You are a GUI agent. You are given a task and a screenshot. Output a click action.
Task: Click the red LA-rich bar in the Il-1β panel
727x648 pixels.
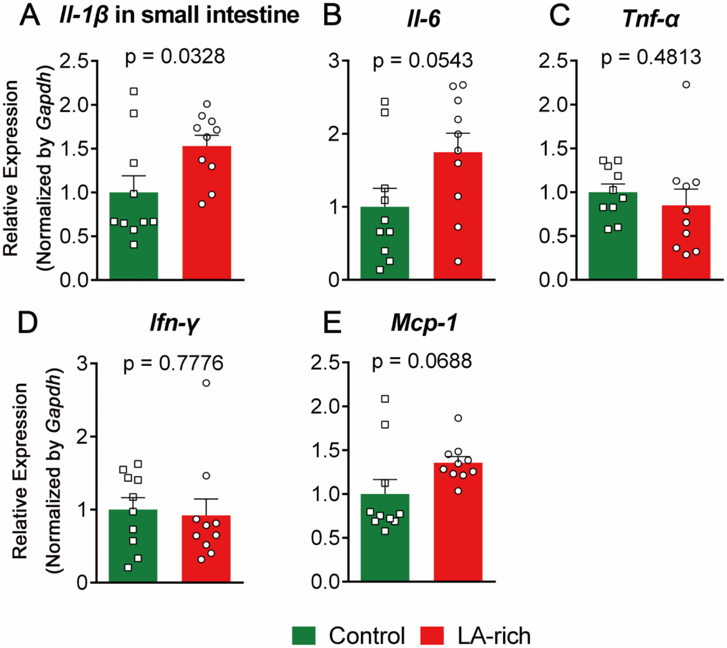click(x=207, y=227)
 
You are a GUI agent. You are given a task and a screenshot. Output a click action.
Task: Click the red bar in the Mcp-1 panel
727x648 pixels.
click(x=458, y=530)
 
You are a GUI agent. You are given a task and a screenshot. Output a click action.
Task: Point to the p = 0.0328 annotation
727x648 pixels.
click(x=175, y=57)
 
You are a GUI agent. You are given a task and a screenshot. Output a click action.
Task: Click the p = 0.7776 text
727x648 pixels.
click(x=173, y=363)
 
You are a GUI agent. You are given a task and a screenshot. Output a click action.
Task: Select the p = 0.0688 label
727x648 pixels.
click(x=422, y=361)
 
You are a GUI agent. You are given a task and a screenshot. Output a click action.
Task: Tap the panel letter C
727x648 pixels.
click(x=559, y=16)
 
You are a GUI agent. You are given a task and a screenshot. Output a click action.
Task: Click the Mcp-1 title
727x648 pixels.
click(x=424, y=323)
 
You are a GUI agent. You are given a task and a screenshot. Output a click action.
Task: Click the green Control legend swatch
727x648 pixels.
click(x=304, y=635)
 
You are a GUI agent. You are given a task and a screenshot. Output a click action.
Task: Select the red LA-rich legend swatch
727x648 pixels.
click(x=432, y=635)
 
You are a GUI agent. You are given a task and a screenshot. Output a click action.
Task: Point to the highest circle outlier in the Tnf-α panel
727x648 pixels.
click(x=686, y=85)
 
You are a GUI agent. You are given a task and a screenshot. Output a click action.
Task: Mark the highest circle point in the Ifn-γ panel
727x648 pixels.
click(x=206, y=383)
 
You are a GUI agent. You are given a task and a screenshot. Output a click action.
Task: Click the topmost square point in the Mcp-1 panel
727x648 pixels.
click(x=385, y=399)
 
